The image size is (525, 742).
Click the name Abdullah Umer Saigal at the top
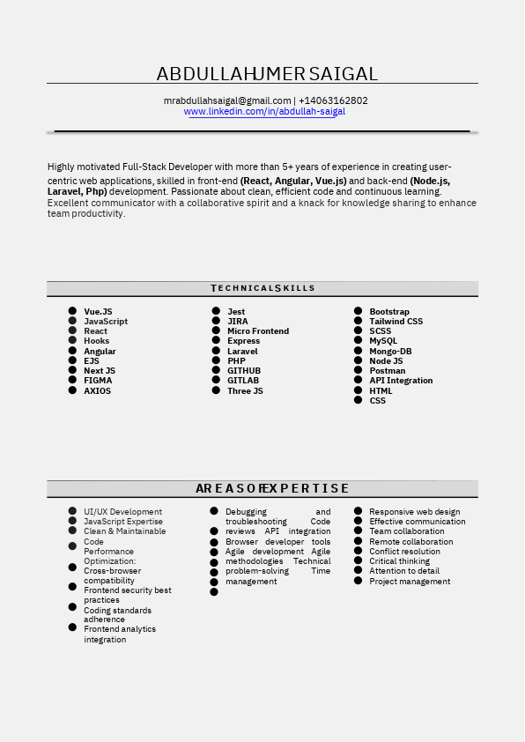[x=267, y=74]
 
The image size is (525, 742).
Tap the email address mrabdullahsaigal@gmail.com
[x=227, y=100]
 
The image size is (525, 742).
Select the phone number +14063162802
[x=333, y=100]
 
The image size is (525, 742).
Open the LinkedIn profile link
[x=264, y=112]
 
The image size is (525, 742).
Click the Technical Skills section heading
[x=262, y=288]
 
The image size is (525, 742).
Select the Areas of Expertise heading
[x=272, y=488]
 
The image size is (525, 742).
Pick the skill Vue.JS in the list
[x=98, y=312]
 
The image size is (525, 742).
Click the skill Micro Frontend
[x=258, y=331]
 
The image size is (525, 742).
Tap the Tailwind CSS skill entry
[x=396, y=322]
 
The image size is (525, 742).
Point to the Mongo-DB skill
[x=390, y=352]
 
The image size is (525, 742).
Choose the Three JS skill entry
[x=245, y=391]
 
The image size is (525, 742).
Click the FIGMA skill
[x=98, y=381]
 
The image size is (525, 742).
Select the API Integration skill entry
[x=401, y=381]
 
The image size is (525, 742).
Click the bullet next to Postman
[x=359, y=371]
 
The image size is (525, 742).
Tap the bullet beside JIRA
[x=216, y=321]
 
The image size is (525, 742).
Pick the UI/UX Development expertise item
[x=122, y=512]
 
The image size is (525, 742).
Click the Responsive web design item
[x=414, y=512]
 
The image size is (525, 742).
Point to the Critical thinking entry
[x=399, y=561]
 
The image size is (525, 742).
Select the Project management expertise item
[x=410, y=582]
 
